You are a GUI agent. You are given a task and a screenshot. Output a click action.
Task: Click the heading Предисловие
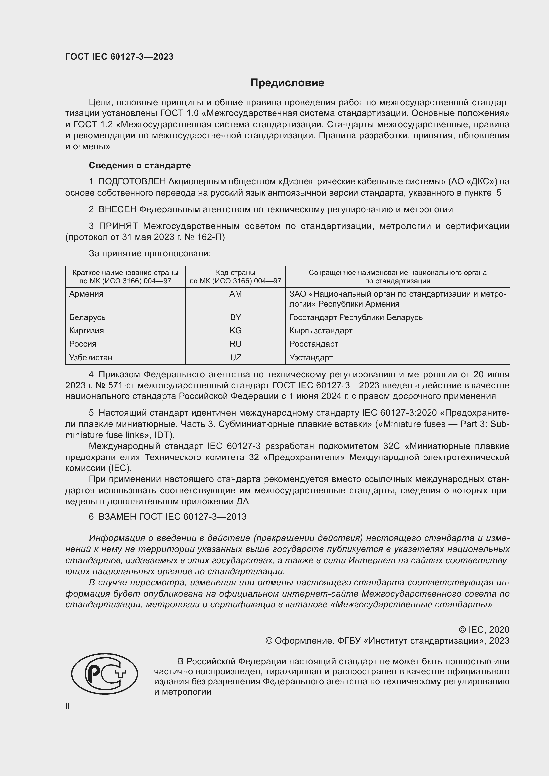pyautogui.click(x=287, y=83)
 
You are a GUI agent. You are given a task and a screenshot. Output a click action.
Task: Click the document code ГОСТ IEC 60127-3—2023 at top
pyautogui.click(x=119, y=57)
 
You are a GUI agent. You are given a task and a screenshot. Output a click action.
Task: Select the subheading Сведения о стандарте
pyautogui.click(x=140, y=165)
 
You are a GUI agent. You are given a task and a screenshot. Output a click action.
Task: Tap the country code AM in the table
pyautogui.click(x=235, y=294)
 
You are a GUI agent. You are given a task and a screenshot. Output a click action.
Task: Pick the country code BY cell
pyautogui.click(x=235, y=317)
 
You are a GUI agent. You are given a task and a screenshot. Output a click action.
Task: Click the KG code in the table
pyautogui.click(x=235, y=330)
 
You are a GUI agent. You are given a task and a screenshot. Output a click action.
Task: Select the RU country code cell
pyautogui.click(x=235, y=344)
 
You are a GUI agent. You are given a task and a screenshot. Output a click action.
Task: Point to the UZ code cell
pyautogui.click(x=235, y=358)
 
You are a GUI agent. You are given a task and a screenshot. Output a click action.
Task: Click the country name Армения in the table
pyautogui.click(x=86, y=294)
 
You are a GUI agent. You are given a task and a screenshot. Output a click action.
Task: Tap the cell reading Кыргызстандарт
pyautogui.click(x=321, y=330)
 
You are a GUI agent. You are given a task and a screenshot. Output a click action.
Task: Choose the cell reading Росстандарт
pyautogui.click(x=313, y=344)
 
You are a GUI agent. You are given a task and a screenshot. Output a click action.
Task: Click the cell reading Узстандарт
pyautogui.click(x=311, y=358)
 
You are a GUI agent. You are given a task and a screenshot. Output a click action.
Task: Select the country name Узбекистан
pyautogui.click(x=91, y=358)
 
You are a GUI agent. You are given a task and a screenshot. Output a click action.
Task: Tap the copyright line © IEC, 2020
pyautogui.click(x=484, y=629)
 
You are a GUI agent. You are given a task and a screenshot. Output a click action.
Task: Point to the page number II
pyautogui.click(x=68, y=706)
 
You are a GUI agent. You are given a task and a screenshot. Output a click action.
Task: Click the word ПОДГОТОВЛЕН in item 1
pyautogui.click(x=132, y=182)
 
